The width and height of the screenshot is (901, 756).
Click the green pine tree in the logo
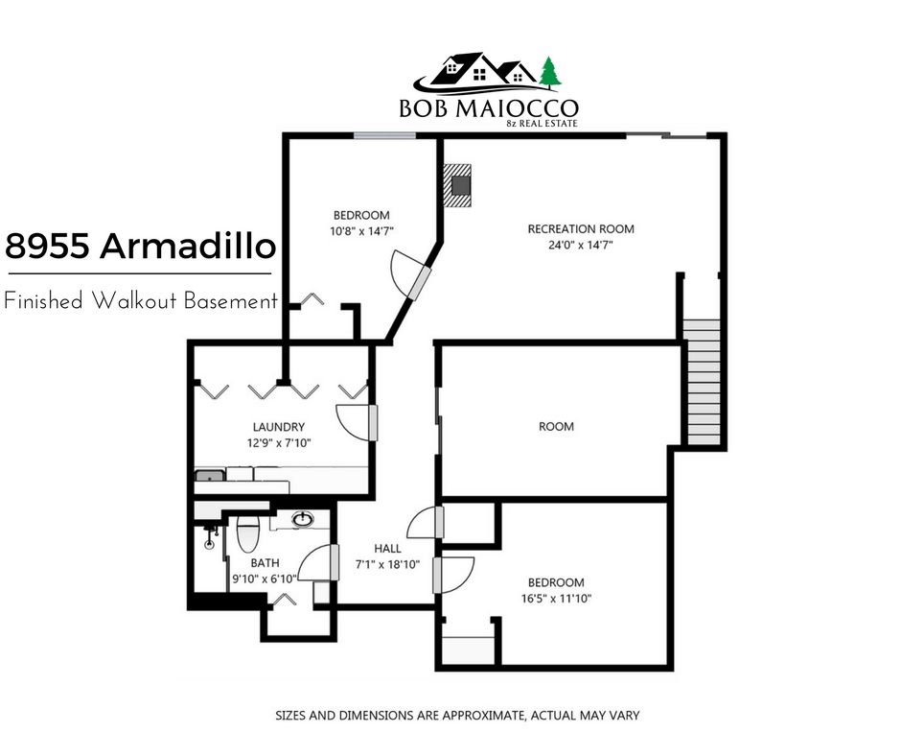pyautogui.click(x=550, y=73)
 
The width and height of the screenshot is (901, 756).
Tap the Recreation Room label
pyautogui.click(x=581, y=229)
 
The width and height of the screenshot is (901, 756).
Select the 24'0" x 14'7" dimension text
pyautogui.click(x=580, y=245)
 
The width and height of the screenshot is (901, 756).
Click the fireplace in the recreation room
pyautogui.click(x=457, y=185)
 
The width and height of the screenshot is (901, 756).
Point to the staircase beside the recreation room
pyautogui.click(x=701, y=382)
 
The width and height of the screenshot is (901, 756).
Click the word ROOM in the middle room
pyautogui.click(x=556, y=426)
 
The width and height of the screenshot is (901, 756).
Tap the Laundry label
pyautogui.click(x=279, y=427)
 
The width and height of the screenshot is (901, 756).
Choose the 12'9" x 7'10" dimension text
pyautogui.click(x=279, y=443)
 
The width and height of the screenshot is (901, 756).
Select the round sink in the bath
pyautogui.click(x=302, y=520)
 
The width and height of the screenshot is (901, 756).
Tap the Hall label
pyautogui.click(x=388, y=549)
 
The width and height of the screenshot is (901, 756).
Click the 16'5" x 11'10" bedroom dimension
pyautogui.click(x=556, y=599)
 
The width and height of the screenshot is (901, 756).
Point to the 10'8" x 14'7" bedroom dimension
pyautogui.click(x=361, y=231)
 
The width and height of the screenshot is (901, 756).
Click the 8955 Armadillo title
pyautogui.click(x=140, y=246)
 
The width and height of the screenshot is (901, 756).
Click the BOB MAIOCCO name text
pyautogui.click(x=489, y=108)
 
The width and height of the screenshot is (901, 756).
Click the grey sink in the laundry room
pyautogui.click(x=210, y=476)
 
